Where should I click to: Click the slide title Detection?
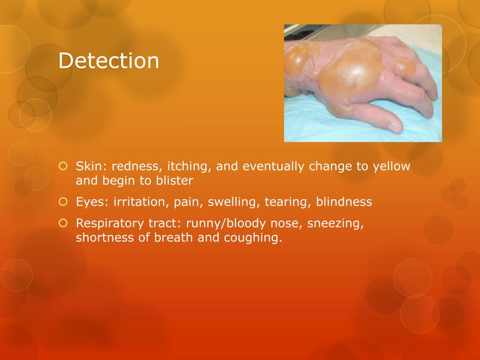[109, 61]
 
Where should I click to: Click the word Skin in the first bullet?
[86, 166]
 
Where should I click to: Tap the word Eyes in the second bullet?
[87, 202]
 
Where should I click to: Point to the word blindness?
[344, 202]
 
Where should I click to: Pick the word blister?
[176, 180]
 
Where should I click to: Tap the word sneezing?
[336, 224]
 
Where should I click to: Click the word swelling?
[232, 202]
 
